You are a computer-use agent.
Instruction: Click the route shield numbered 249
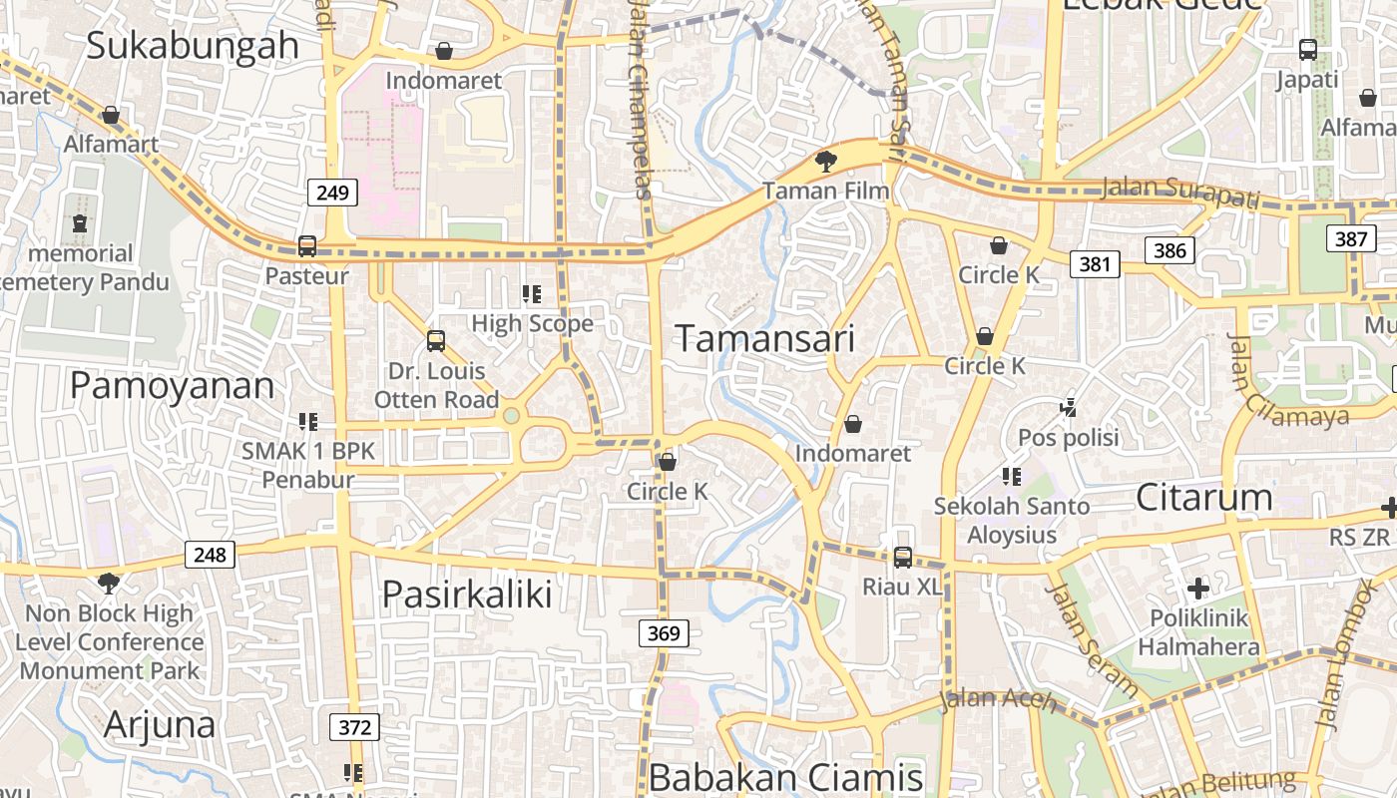coord(331,193)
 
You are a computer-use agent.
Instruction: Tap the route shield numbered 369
coord(663,633)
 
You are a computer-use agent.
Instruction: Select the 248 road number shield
coord(210,554)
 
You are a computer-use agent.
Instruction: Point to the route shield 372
coord(354,727)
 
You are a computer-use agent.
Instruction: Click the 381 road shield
coord(1095,264)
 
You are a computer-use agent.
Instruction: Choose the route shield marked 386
coord(1168,249)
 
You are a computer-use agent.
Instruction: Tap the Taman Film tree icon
coord(825,161)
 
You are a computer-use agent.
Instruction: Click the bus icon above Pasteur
coord(307,246)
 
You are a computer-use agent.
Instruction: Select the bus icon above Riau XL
coord(902,557)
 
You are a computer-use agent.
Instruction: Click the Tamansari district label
coord(765,339)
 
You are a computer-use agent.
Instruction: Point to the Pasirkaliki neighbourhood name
coord(467,595)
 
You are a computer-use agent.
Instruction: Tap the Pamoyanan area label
coord(172,386)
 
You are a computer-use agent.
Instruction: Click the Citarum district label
coord(1204,497)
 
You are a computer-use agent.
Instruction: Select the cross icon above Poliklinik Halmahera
coord(1198,588)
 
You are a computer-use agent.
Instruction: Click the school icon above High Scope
coord(532,294)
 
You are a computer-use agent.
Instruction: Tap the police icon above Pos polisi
coord(1069,407)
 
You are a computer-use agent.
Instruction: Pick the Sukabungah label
coord(193,45)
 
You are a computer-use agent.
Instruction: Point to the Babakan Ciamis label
coord(785,778)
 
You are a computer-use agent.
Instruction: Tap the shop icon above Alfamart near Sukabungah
coord(111,115)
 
